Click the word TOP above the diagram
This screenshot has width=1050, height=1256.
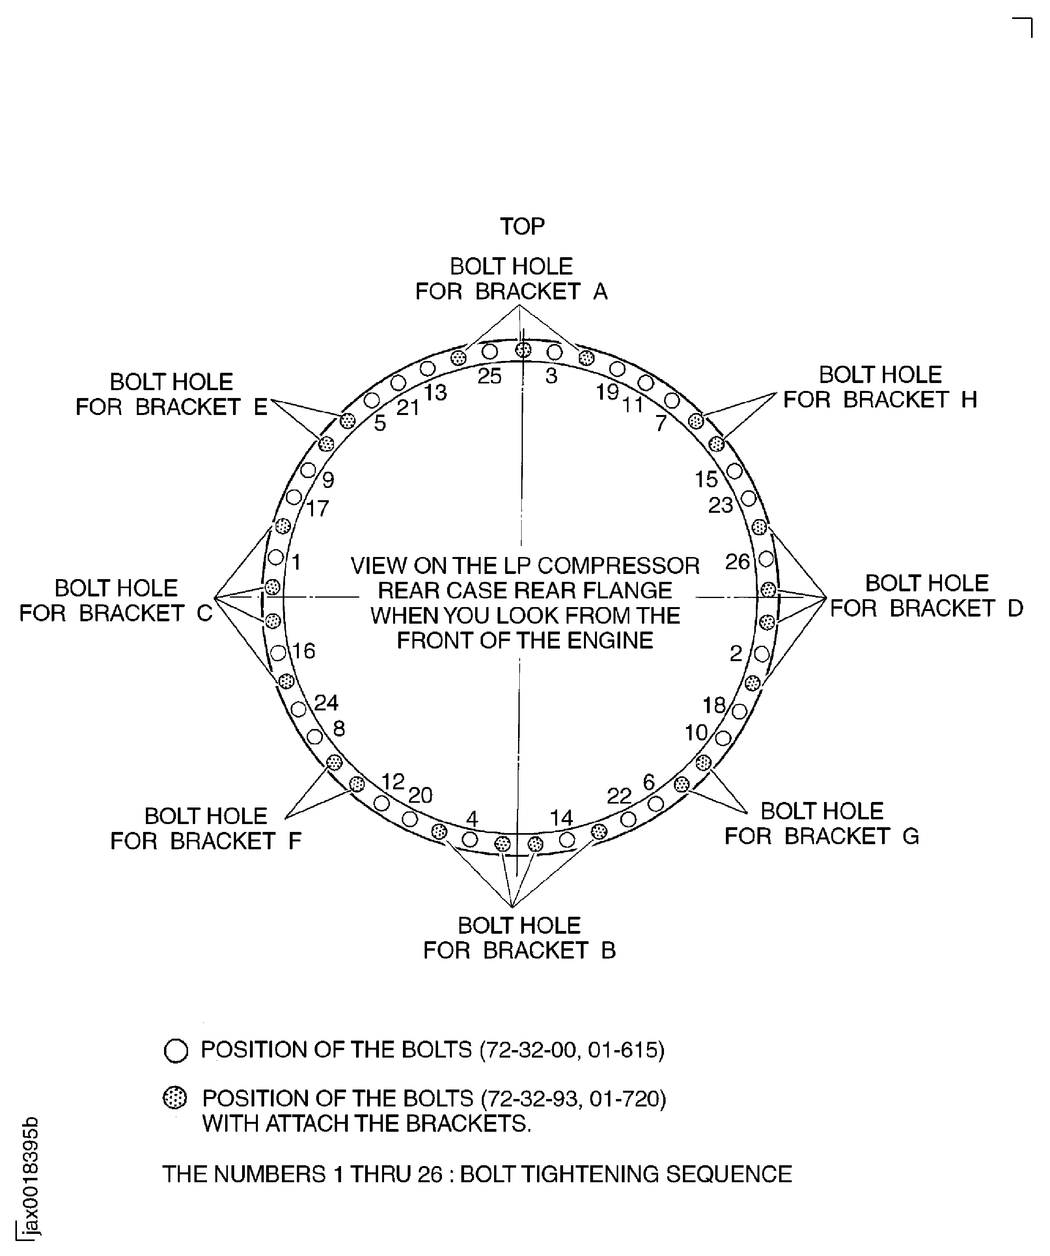(x=522, y=227)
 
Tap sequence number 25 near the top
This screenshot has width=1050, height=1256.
(x=489, y=376)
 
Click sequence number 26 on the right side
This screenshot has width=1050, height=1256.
(x=737, y=562)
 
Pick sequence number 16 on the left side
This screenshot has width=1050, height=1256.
(x=304, y=651)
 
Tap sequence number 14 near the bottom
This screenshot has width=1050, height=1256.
(x=561, y=818)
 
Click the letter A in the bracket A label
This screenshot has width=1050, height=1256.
(x=600, y=292)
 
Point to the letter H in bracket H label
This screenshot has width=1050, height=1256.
(x=969, y=400)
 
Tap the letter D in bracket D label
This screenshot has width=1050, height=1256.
(x=1015, y=608)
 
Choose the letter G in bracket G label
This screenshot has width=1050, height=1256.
(x=910, y=836)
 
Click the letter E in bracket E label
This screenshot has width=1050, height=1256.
(x=261, y=407)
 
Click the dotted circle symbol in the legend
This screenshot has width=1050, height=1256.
(x=175, y=1098)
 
